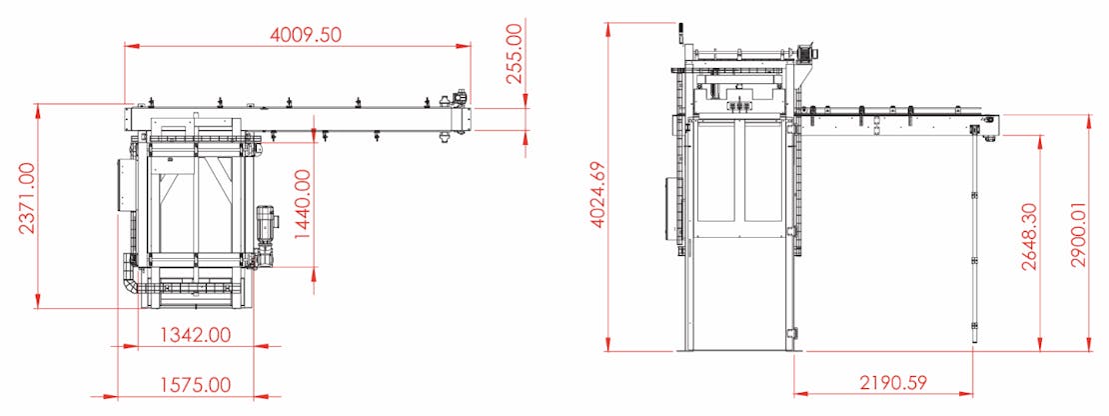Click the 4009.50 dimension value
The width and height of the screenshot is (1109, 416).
(306, 34)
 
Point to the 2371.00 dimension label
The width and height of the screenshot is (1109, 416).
(27, 198)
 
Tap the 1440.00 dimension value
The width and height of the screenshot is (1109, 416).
(302, 204)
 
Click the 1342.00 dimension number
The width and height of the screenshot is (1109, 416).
(195, 335)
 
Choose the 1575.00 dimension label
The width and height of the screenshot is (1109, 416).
(195, 385)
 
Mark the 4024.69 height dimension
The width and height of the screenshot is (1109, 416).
(598, 195)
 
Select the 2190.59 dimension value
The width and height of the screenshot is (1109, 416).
(893, 383)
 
